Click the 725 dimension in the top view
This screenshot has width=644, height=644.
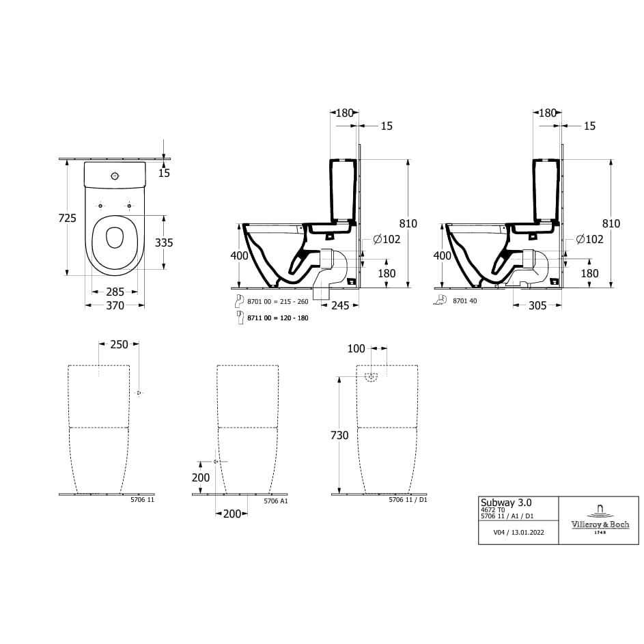(67, 218)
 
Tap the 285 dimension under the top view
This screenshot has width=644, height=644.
(115, 292)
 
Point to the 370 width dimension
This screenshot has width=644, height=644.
(115, 306)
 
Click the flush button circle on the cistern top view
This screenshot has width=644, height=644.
(115, 176)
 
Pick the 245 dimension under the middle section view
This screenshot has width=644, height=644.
(339, 306)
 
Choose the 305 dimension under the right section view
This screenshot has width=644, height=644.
(537, 306)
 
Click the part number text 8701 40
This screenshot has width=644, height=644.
(464, 300)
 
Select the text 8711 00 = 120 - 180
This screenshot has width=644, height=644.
(277, 318)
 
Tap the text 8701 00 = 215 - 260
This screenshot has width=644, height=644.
(277, 301)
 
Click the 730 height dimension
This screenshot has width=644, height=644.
(339, 436)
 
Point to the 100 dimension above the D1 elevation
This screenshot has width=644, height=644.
(356, 349)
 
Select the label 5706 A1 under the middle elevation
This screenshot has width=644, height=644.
(276, 501)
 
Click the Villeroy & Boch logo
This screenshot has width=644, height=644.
(600, 520)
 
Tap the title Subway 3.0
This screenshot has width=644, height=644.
(506, 502)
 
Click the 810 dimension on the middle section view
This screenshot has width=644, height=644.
(408, 224)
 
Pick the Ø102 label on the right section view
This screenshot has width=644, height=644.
(589, 239)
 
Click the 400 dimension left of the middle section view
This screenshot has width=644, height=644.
(239, 255)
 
